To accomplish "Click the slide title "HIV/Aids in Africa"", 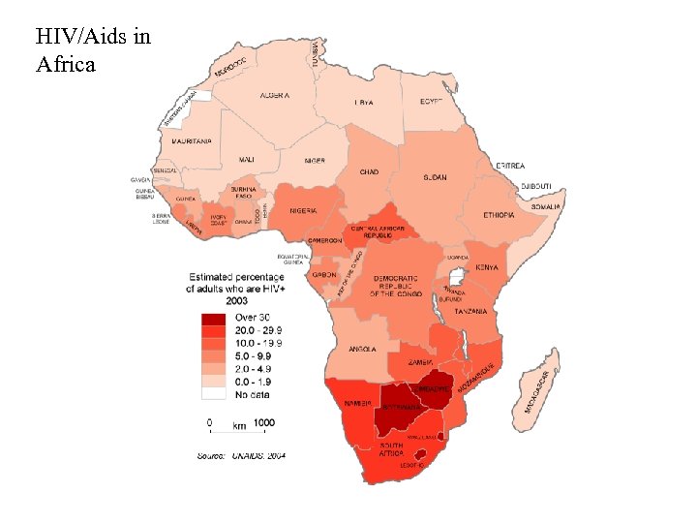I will click(92, 51).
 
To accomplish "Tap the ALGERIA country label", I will click(276, 96).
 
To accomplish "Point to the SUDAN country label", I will click(435, 177).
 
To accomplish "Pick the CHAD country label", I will click(369, 172).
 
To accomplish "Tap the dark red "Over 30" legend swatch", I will click(212, 319).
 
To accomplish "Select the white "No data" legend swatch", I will click(212, 395).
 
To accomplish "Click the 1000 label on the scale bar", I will click(265, 423).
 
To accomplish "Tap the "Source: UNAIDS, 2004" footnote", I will click(241, 454).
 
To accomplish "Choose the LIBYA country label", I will click(364, 102).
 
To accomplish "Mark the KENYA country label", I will click(486, 268).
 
